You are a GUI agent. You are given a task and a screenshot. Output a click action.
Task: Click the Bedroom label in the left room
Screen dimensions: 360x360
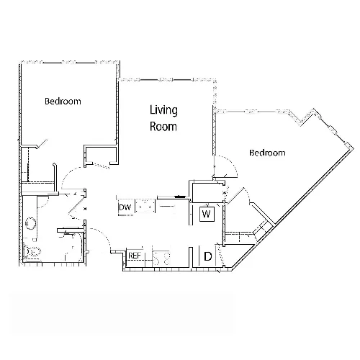pos(63,102)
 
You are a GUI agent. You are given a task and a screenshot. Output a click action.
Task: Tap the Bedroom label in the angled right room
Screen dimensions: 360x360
pos(267,153)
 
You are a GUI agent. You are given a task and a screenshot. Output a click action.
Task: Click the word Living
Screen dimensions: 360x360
pos(163,110)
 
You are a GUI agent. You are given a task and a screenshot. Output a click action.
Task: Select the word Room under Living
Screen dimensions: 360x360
pos(163,127)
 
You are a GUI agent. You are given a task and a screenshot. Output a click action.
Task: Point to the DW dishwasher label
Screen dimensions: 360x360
pos(125,207)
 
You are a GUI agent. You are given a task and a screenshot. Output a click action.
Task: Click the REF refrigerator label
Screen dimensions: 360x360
pos(135,256)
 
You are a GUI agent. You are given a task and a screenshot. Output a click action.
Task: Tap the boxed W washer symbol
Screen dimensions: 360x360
pos(207,214)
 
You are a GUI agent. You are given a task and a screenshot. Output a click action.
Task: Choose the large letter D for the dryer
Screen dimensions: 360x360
pos(208,256)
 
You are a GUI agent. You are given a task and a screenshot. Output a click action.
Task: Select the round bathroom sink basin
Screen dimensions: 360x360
pos(30,223)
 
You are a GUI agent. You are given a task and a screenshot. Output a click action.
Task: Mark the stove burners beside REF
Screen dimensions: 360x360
pos(161,258)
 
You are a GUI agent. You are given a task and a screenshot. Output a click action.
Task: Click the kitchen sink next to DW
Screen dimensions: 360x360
pos(145,206)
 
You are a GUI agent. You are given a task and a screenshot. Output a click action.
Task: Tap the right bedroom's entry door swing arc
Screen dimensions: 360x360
pos(230,163)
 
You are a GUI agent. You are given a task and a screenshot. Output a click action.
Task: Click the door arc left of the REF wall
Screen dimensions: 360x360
pos(103,236)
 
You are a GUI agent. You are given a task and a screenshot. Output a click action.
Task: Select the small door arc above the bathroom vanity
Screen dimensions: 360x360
pos(44,203)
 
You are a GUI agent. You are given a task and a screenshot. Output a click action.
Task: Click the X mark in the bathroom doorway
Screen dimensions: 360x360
pos(85,209)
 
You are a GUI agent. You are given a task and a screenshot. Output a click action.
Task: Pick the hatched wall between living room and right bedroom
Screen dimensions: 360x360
pos(214,131)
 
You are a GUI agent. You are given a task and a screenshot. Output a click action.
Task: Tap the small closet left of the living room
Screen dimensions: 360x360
pos(102,155)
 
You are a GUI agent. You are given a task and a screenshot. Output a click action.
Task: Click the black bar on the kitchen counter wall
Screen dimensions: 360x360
pos(181,197)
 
